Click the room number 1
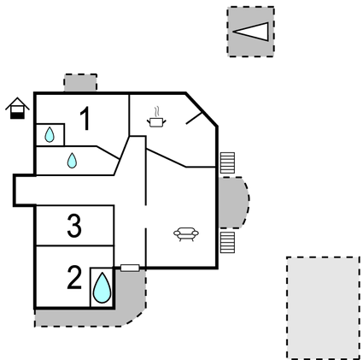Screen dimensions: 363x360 click(85, 118)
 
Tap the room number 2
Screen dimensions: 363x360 click(74, 277)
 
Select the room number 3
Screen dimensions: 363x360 click(74, 226)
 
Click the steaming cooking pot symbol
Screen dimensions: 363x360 click(156, 117)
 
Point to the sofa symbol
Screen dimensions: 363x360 click(186, 234)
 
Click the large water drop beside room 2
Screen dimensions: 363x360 click(102, 287)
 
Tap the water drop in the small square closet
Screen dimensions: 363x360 click(50, 135)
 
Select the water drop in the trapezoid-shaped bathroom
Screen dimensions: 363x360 click(72, 161)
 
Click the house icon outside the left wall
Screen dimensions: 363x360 click(17, 108)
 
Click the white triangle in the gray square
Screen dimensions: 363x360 click(251, 32)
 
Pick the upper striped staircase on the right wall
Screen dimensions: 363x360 click(227, 162)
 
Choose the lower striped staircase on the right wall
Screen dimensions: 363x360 click(227, 242)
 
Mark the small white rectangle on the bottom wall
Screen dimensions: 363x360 click(130, 268)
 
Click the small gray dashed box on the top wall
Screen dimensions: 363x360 click(80, 83)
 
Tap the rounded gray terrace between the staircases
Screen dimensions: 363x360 click(233, 203)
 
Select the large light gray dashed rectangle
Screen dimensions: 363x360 click(323, 308)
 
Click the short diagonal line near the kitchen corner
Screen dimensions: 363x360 click(194, 118)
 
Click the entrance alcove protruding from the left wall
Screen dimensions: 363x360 click(25, 190)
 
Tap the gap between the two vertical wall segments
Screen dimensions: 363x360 click(145, 216)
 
